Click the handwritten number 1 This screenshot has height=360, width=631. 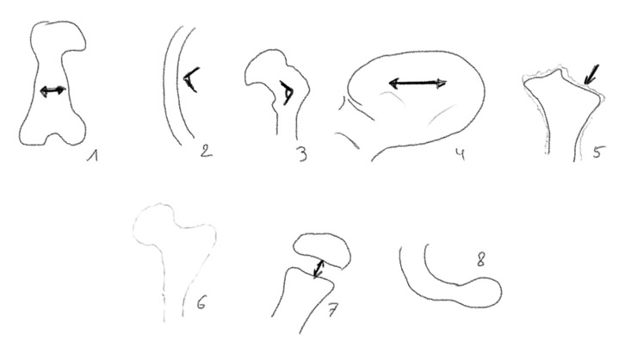click(x=93, y=156)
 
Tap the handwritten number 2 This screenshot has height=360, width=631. click(x=206, y=151)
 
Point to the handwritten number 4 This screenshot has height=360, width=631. click(x=461, y=153)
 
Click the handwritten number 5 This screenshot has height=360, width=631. click(x=597, y=152)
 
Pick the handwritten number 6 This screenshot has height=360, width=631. click(x=201, y=302)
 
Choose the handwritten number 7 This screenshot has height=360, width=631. click(x=333, y=310)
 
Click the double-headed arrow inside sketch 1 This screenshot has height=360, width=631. click(x=53, y=91)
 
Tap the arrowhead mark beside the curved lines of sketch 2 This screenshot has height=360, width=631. click(x=190, y=79)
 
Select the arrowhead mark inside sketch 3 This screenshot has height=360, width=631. click(x=288, y=93)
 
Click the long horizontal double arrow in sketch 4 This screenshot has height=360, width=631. click(x=418, y=84)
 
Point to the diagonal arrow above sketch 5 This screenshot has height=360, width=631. click(x=591, y=75)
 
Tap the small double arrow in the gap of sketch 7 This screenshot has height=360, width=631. click(x=319, y=269)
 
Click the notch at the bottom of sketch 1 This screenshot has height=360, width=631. click(x=53, y=136)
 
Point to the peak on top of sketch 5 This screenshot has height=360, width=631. click(x=557, y=71)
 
